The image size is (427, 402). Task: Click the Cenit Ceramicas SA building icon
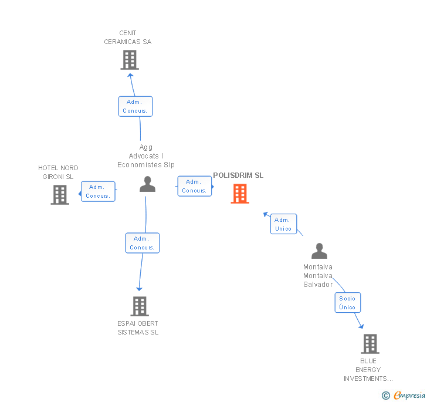click(130, 60)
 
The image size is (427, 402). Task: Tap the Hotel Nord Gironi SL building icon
click(60, 195)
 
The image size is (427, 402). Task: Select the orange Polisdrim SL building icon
click(240, 194)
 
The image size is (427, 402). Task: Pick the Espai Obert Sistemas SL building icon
click(140, 306)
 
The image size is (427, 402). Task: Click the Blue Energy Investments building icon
click(370, 343)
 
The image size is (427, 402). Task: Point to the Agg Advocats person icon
click(148, 184)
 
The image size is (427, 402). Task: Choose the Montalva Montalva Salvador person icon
click(319, 251)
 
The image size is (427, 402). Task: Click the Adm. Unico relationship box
click(283, 224)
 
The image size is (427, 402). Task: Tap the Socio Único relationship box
click(347, 303)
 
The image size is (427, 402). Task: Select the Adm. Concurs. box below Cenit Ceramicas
click(135, 106)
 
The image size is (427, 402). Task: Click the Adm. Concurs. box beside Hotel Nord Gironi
click(98, 191)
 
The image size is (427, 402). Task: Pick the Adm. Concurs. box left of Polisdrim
click(194, 186)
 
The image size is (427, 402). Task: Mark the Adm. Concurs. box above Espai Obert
click(142, 243)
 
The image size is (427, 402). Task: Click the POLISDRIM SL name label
click(238, 175)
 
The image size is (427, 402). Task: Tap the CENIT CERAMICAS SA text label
click(128, 38)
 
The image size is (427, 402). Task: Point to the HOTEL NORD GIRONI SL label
click(58, 172)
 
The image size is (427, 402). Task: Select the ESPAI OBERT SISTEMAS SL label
click(138, 328)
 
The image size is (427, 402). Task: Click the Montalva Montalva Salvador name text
click(318, 276)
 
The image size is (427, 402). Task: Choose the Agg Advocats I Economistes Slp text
click(146, 156)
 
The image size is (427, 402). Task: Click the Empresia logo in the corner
click(404, 395)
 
